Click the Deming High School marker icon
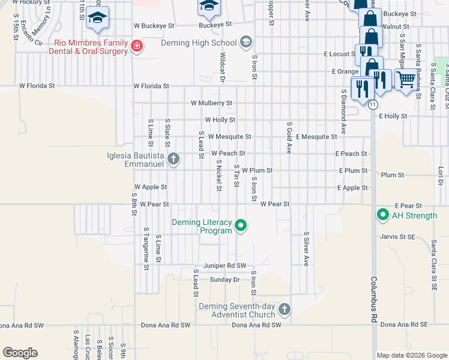[246, 42]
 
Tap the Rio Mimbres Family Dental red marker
[137, 47]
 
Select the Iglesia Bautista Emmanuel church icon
[173, 159]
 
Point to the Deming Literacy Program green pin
[241, 226]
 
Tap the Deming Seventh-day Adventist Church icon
[284, 310]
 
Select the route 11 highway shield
[373, 104]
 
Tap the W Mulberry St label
[211, 103]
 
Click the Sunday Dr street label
[224, 280]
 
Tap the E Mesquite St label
[316, 137]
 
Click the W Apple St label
[151, 187]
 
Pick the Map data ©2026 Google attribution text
[411, 355]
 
